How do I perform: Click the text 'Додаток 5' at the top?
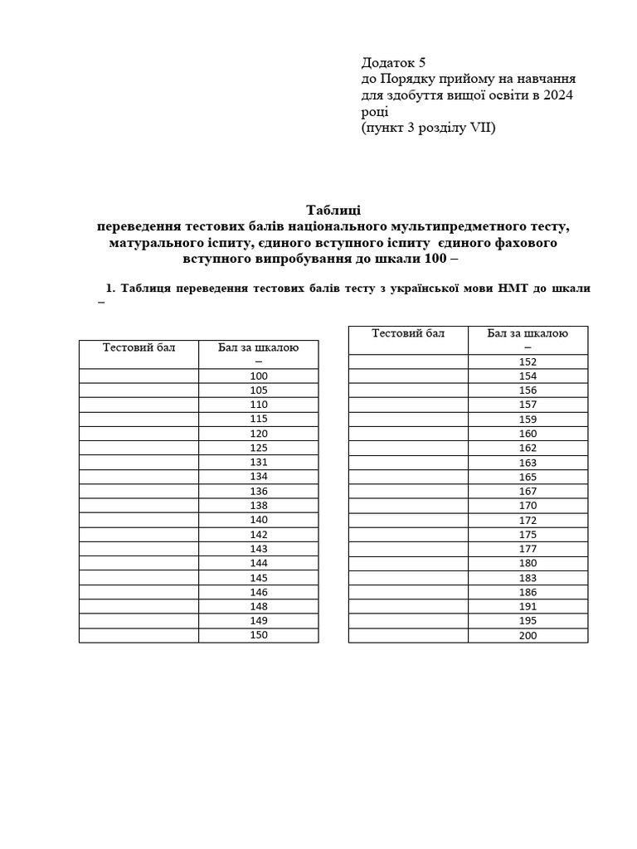[x=393, y=62]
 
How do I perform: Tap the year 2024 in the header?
[x=557, y=95]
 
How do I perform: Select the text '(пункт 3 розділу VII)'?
[x=428, y=129]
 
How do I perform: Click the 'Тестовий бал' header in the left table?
[x=139, y=347]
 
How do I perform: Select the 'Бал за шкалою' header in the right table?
[x=528, y=333]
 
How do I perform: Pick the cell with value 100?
[x=259, y=376]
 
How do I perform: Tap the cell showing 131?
[x=259, y=462]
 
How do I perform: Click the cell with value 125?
[x=259, y=448]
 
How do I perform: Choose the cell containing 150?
[x=259, y=635]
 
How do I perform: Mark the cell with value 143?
[x=259, y=548]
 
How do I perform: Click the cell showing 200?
[x=528, y=635]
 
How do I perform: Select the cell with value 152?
[x=528, y=361]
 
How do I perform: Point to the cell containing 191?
[x=528, y=606]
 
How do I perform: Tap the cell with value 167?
[x=528, y=491]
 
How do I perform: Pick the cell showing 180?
[x=528, y=563]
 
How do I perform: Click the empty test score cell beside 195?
[x=408, y=621]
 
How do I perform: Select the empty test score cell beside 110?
[x=139, y=405]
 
